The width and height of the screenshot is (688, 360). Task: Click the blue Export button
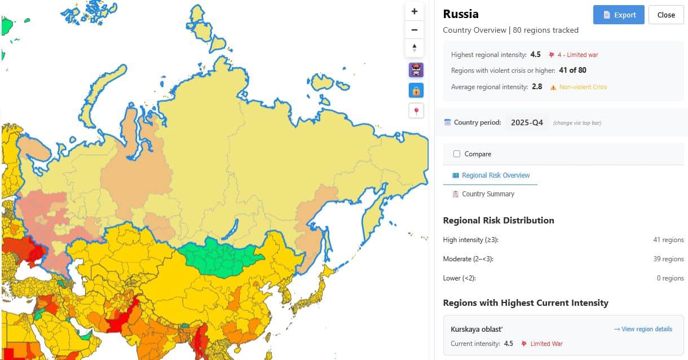tap(618, 15)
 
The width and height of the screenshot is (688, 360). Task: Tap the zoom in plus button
tap(414, 11)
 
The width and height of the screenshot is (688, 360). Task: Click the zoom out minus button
tap(414, 30)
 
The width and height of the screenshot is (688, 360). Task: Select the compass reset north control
tap(414, 48)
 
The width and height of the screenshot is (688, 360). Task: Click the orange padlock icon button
tap(416, 90)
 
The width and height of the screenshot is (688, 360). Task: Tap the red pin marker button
tap(416, 111)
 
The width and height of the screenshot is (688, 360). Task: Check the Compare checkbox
tap(457, 154)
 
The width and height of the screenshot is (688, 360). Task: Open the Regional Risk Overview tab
tap(495, 175)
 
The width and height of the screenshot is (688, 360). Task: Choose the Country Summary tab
tap(488, 194)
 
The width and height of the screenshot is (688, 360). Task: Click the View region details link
tap(643, 329)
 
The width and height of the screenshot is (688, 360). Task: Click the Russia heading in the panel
tap(461, 14)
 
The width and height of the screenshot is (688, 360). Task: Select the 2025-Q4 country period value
tap(527, 122)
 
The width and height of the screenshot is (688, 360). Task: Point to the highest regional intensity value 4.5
tap(535, 55)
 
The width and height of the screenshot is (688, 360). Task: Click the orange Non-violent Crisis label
tap(583, 87)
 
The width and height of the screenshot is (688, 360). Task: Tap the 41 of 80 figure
tap(572, 71)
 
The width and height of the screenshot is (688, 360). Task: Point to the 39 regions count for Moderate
tap(668, 259)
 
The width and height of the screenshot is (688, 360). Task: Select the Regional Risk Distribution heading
tap(499, 221)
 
